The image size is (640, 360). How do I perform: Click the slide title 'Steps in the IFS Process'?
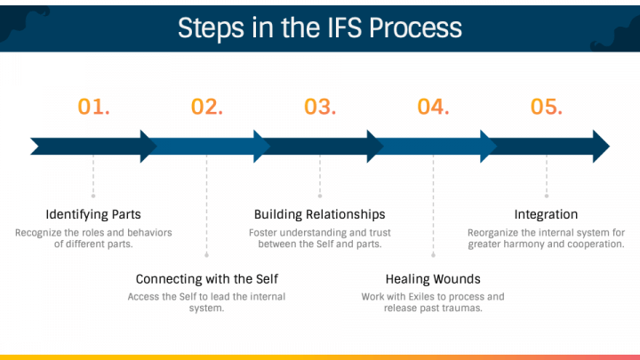[x=319, y=27]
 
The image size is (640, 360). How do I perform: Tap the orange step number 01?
[x=93, y=107]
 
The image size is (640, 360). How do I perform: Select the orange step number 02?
[x=206, y=107]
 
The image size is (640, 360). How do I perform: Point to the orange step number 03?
[x=320, y=107]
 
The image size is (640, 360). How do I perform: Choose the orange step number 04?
[x=433, y=107]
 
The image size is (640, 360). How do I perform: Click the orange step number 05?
[x=547, y=107]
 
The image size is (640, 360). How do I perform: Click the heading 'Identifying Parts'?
[x=93, y=214]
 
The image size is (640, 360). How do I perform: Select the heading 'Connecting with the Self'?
[x=206, y=278]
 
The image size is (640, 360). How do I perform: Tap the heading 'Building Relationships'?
[x=320, y=214]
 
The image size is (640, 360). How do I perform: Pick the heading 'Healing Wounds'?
[x=433, y=278]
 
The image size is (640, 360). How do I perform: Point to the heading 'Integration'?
[x=546, y=214]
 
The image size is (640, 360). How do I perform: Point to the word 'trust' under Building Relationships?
[x=376, y=233]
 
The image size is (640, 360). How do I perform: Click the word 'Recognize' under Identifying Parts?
[x=38, y=233]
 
